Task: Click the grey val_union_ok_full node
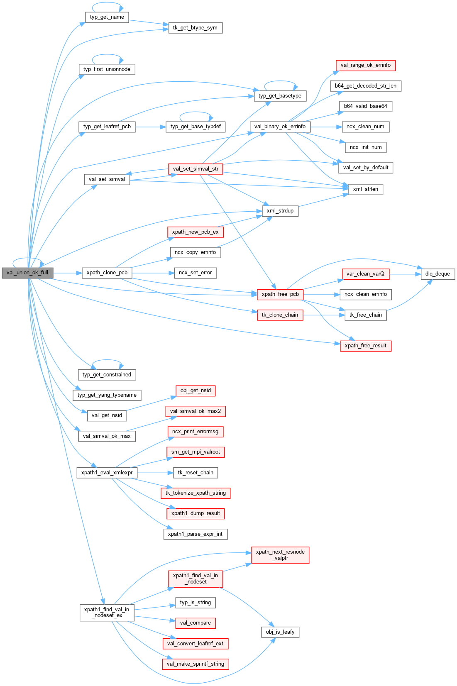point(27,273)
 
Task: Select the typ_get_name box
point(107,17)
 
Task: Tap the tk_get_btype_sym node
point(195,28)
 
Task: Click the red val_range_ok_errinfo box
point(365,65)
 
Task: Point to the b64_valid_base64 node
point(365,106)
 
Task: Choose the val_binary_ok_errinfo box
point(280,127)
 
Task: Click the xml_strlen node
point(365,189)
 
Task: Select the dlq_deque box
point(437,274)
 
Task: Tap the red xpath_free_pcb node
point(280,294)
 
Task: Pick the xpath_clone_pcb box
point(107,273)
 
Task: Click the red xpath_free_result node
point(365,346)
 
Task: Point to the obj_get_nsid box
point(196,391)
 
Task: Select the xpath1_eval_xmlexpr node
point(107,473)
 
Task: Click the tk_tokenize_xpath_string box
point(196,493)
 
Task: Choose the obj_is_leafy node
point(280,632)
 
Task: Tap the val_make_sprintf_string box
point(195,664)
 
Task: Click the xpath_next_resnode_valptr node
point(280,555)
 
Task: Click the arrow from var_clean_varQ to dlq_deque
point(405,274)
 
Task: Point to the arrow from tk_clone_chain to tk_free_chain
point(324,315)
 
